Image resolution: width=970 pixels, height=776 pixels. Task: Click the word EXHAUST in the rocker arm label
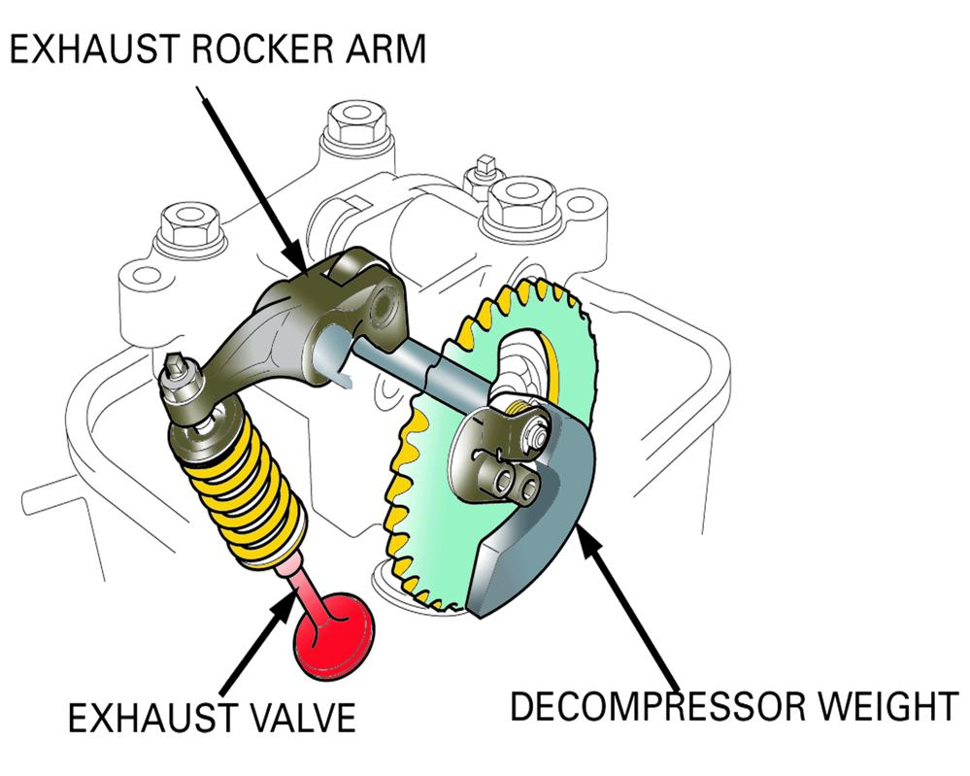(94, 49)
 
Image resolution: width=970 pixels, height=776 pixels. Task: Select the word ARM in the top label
(385, 49)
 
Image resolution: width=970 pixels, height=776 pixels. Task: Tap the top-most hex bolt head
(356, 122)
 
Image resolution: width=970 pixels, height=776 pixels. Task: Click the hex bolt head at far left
(189, 226)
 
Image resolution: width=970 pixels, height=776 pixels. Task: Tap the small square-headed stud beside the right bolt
(484, 164)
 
